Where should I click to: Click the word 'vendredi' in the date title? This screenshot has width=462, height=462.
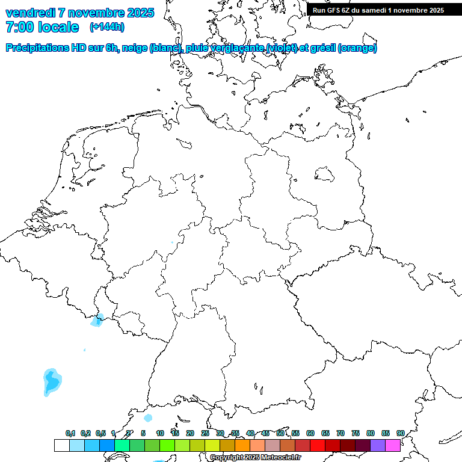click(29, 13)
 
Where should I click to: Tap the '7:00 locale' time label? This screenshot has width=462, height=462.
click(42, 27)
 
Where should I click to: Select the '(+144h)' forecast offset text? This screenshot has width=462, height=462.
click(106, 27)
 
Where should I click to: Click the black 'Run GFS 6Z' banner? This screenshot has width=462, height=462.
click(384, 10)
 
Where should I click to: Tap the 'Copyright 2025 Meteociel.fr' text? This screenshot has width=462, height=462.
click(255, 458)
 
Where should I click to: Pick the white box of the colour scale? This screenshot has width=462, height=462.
click(61, 445)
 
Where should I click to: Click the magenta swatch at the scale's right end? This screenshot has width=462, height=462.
click(393, 445)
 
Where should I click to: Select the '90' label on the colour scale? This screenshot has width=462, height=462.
click(400, 433)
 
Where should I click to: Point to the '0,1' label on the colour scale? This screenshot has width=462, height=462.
click(70, 433)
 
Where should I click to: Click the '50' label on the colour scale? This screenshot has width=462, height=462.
click(280, 433)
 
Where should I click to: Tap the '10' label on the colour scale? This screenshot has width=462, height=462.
click(160, 433)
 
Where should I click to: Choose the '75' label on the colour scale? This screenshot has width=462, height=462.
click(356, 433)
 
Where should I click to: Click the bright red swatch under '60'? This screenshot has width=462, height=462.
click(318, 445)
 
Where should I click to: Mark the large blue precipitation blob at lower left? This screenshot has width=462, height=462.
click(52, 381)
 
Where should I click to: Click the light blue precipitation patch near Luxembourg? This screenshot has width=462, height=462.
click(97, 320)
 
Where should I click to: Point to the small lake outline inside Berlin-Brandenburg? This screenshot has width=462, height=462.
click(325, 174)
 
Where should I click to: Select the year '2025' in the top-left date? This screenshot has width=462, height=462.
click(138, 13)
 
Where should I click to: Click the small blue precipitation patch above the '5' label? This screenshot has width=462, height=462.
click(148, 417)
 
